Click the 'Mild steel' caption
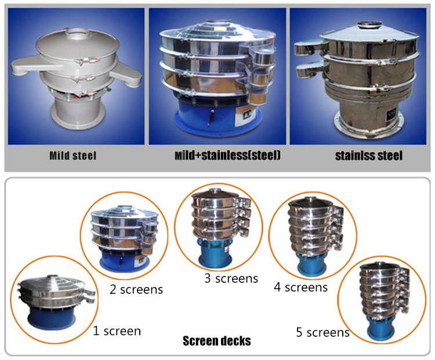[72, 156]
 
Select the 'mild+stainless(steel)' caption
[227, 155]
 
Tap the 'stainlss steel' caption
[369, 156]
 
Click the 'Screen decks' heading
[217, 341]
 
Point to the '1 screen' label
[117, 331]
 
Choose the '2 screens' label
[136, 289]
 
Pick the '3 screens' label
[231, 278]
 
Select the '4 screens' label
[300, 287]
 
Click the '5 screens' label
[322, 332]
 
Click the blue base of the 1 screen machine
[52, 318]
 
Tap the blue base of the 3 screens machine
[215, 253]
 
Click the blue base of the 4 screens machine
[311, 265]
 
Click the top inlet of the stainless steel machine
[369, 25]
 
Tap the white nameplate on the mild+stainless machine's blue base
[245, 116]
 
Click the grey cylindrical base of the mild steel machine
[78, 111]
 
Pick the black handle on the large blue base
[212, 117]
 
